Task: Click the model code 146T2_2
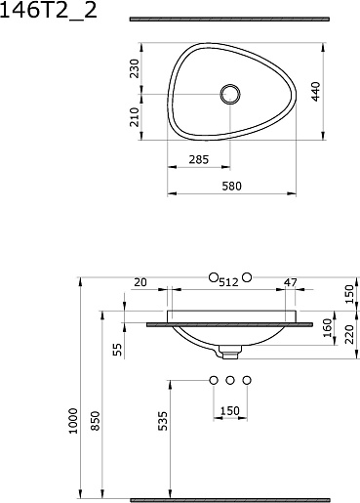click(x=49, y=11)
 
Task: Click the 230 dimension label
click(x=135, y=68)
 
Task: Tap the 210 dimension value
click(x=135, y=117)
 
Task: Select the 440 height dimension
click(x=315, y=92)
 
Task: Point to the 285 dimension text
click(x=199, y=159)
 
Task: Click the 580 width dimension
click(x=232, y=186)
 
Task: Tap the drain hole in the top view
click(x=230, y=95)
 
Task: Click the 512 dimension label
click(x=229, y=282)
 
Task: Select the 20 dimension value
click(x=140, y=282)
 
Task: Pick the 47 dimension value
click(x=291, y=282)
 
